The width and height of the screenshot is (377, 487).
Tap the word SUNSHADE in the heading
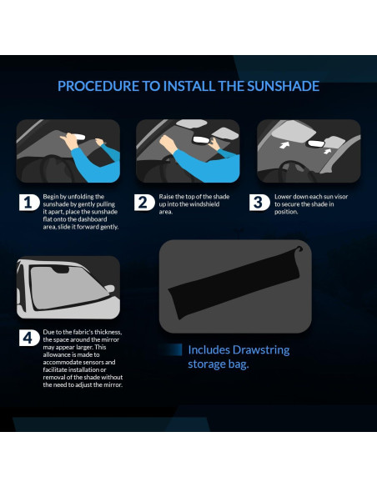[279, 86]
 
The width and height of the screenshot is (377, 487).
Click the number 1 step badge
[28, 203]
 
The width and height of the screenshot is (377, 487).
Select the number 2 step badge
[144, 203]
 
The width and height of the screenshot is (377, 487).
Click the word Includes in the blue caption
[208, 350]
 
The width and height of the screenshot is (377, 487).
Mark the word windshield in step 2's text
[210, 205]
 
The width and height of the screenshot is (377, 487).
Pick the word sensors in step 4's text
[102, 364]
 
